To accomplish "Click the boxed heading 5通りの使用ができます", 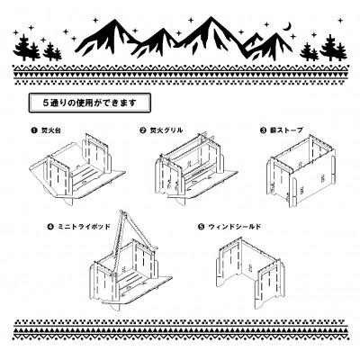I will (x=88, y=101).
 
